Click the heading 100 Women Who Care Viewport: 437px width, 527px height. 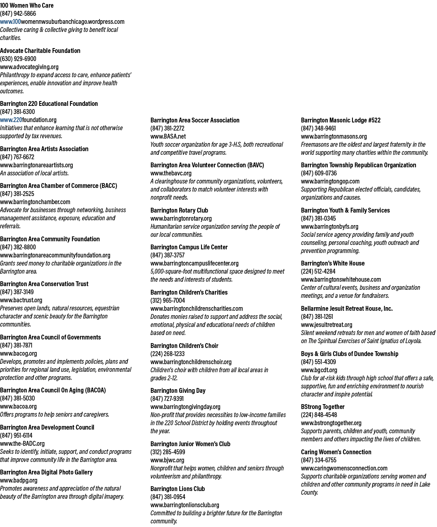click(x=27, y=6)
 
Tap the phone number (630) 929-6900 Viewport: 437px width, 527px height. click(x=18, y=59)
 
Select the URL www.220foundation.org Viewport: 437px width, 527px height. click(x=28, y=120)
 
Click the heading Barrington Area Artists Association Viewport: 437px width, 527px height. click(x=44, y=149)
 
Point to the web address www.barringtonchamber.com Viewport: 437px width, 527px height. click(x=35, y=202)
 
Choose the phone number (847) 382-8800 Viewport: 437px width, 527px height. click(x=18, y=247)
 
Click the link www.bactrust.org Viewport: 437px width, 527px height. click(x=21, y=300)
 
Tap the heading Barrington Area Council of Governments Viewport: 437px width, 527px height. click(x=51, y=337)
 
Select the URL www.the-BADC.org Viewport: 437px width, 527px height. click(x=22, y=443)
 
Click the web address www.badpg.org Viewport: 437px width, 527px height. click(x=19, y=480)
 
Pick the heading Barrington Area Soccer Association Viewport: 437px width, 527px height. click(x=195, y=120)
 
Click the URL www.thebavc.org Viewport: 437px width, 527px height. click(x=171, y=173)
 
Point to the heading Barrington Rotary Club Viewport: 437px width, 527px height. click(x=179, y=210)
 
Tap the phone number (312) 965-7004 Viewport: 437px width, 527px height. click(x=168, y=301)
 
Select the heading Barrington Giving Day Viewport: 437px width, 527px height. click(x=178, y=391)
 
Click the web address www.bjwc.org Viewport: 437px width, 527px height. click(x=168, y=460)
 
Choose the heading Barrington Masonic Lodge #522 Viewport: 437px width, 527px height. click(x=341, y=120)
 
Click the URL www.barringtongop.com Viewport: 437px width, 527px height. click(x=330, y=181)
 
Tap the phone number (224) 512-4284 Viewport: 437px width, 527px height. click(x=318, y=272)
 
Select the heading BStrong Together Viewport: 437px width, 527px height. click(x=323, y=407)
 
